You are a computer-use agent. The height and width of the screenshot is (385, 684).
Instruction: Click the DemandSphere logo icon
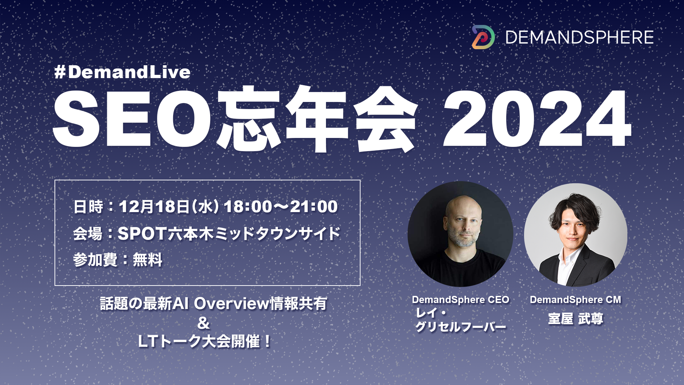pyautogui.click(x=483, y=37)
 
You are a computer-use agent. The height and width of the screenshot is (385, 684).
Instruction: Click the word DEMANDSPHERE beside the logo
pyautogui.click(x=579, y=37)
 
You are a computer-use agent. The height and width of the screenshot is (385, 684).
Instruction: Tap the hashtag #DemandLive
pyautogui.click(x=122, y=72)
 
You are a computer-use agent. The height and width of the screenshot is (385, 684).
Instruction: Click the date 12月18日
pyautogui.click(x=154, y=207)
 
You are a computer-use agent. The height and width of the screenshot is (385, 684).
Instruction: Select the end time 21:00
pyautogui.click(x=313, y=207)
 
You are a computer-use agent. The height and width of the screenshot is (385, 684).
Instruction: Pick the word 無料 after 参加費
pyautogui.click(x=147, y=260)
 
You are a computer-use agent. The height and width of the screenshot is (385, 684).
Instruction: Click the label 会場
pyautogui.click(x=88, y=234)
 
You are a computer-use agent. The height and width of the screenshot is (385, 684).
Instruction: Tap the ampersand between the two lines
pyautogui.click(x=203, y=323)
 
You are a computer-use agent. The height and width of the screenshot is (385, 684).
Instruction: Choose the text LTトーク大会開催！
pyautogui.click(x=204, y=342)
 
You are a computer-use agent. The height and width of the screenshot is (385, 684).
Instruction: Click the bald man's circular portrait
pyautogui.click(x=460, y=234)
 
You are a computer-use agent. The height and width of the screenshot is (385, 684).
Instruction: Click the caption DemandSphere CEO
pyautogui.click(x=460, y=300)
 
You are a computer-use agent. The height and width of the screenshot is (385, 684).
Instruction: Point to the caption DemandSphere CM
pyautogui.click(x=575, y=300)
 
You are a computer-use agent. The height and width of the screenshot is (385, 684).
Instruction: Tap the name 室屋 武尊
pyautogui.click(x=575, y=319)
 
